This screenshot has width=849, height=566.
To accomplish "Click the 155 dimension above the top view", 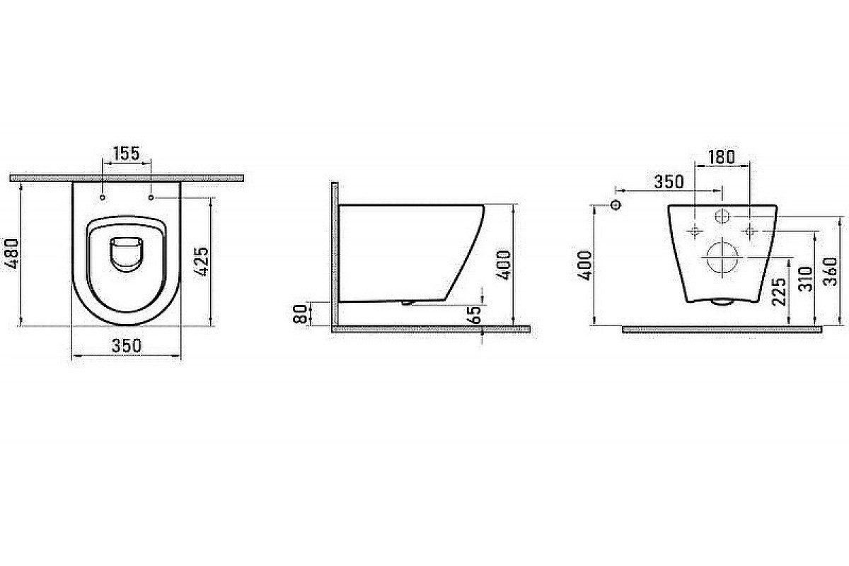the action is click(127, 154).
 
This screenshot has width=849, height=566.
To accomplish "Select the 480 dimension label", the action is click(11, 253).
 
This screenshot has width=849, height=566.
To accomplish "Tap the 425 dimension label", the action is click(202, 262).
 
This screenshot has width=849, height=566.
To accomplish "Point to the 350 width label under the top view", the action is click(127, 346).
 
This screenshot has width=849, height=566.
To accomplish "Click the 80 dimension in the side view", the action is click(300, 313).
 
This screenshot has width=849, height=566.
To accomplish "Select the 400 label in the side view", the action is click(504, 265).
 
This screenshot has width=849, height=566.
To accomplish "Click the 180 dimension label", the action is click(721, 157).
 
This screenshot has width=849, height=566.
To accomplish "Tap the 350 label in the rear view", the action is click(669, 182).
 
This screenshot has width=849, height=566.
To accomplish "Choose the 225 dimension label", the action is click(779, 292).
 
